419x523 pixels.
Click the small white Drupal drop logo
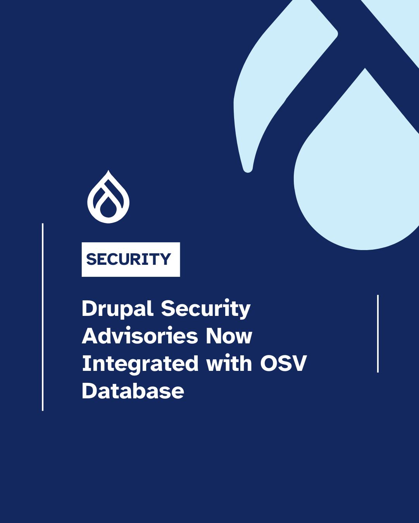click(x=109, y=197)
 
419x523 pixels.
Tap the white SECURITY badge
click(x=131, y=259)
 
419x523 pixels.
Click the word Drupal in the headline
click(x=117, y=309)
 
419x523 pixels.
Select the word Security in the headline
click(x=205, y=309)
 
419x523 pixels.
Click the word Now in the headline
click(x=229, y=336)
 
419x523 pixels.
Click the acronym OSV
click(x=283, y=364)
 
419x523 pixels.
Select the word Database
click(x=133, y=391)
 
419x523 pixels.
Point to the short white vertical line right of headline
click(x=378, y=334)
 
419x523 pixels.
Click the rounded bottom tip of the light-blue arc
click(x=248, y=169)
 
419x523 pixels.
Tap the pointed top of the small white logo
click(x=109, y=171)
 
